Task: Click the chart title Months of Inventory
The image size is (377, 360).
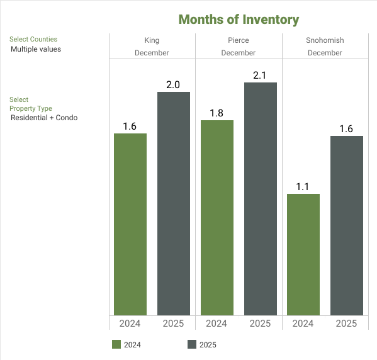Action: point(239,20)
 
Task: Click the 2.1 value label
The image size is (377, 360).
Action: point(260,75)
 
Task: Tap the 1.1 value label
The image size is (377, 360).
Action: point(303,186)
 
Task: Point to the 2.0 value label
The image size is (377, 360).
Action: point(173,84)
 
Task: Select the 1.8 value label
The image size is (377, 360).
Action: point(217,113)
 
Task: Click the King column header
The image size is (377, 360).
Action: point(152,40)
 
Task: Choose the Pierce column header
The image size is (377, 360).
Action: point(239,40)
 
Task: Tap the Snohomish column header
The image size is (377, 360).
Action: point(325,40)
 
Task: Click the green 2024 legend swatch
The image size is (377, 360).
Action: point(116,344)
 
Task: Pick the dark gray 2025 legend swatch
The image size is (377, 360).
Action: point(192,344)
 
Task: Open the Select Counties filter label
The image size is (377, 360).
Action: point(33,39)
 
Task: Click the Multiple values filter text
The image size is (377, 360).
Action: point(36,48)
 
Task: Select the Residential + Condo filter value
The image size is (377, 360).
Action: point(44,117)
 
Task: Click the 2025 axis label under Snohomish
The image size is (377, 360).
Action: point(347,323)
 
